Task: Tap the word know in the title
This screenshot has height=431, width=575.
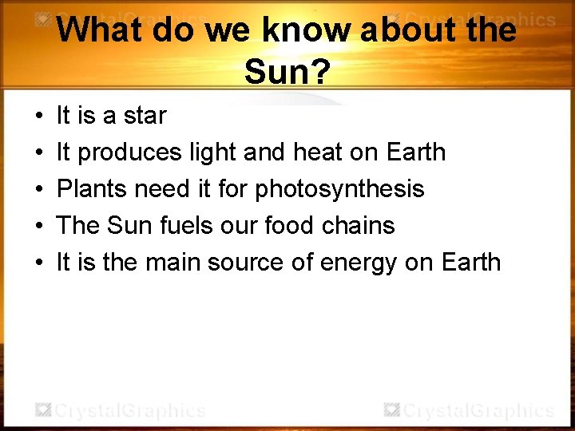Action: pos(303,31)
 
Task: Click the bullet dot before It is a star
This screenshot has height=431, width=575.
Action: pos(39,117)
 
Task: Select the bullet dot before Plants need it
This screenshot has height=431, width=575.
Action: pos(39,190)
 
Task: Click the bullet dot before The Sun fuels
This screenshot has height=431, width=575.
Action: pos(39,227)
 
